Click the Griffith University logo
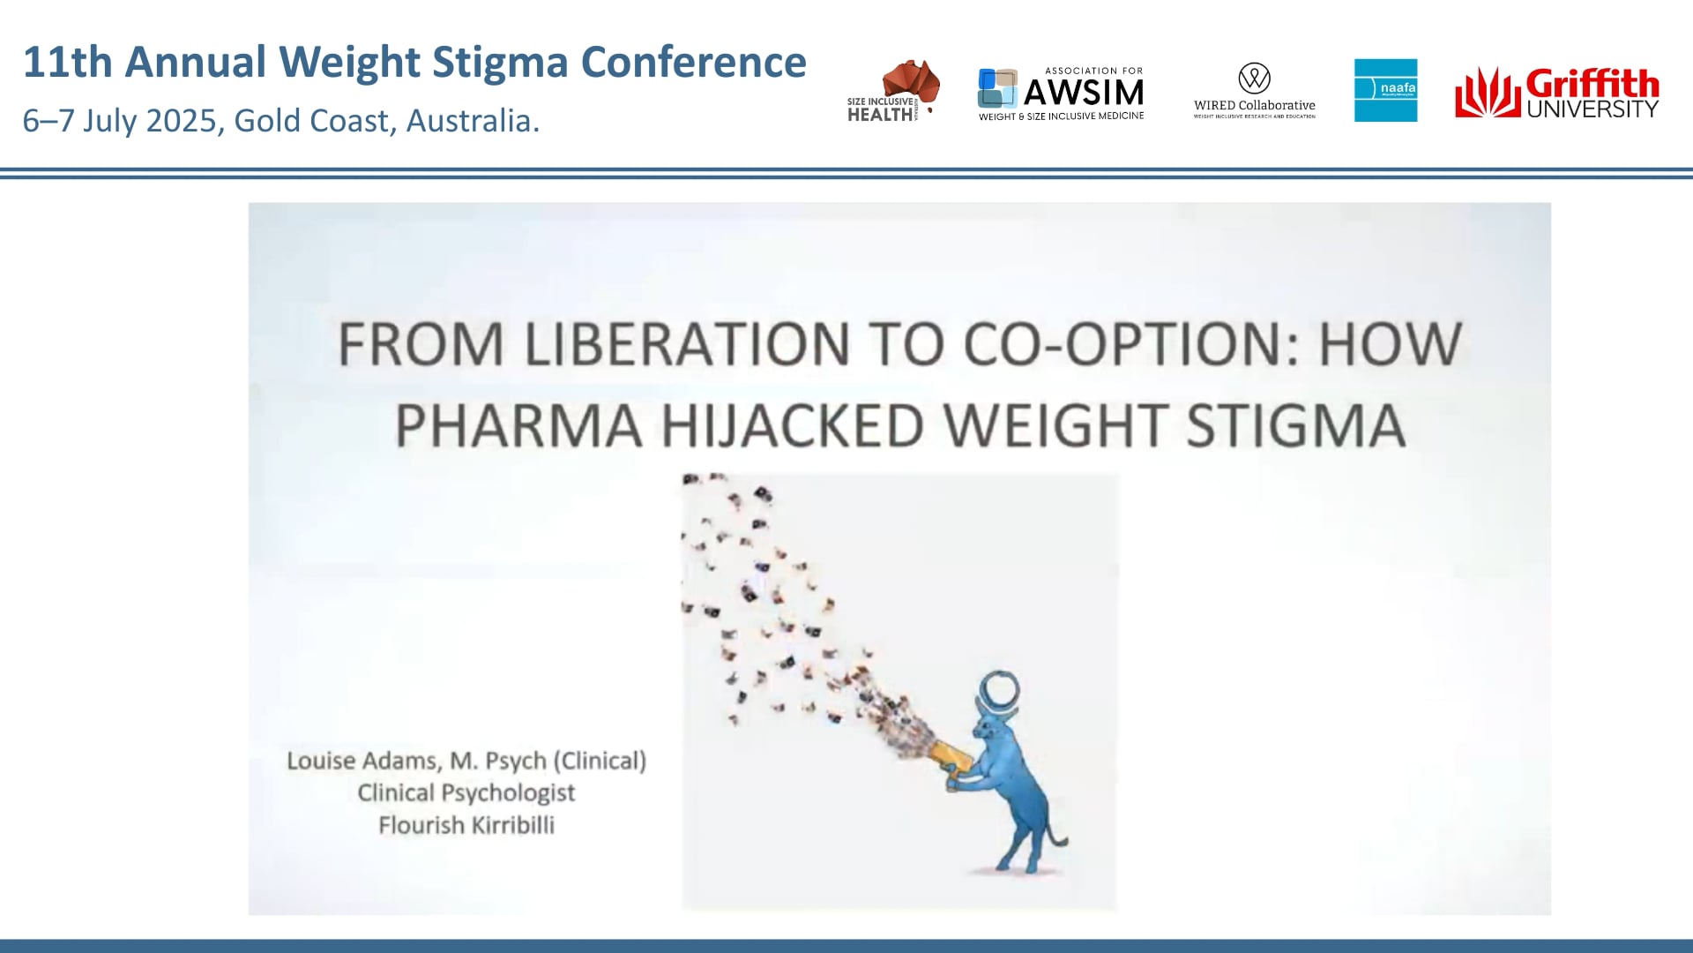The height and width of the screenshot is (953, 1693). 1557,94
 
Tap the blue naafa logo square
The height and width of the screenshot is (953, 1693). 1385,90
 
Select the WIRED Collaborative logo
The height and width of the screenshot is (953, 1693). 1254,91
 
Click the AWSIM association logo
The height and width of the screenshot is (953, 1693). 1061,94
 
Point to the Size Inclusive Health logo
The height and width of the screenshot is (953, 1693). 892,91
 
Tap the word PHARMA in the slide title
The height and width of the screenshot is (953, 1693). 518,425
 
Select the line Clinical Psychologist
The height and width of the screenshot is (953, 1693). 466,792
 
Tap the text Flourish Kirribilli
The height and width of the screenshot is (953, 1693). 466,825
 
